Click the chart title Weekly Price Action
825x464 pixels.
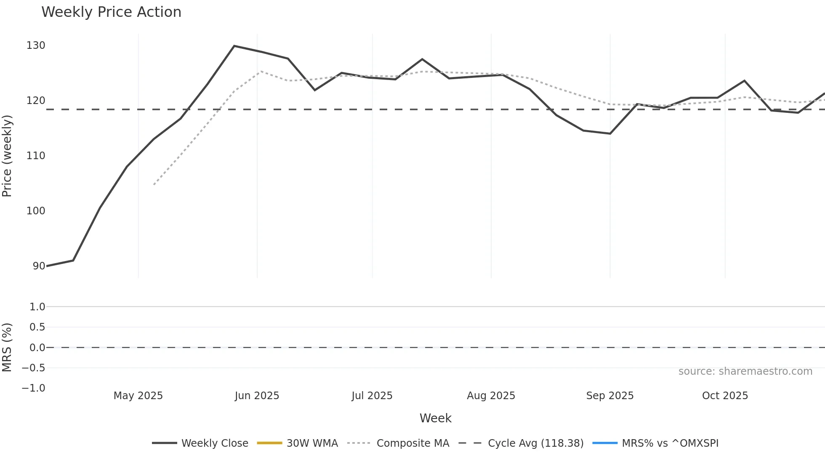pos(111,12)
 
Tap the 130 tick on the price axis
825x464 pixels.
pos(36,45)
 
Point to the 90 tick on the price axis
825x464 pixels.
pos(39,266)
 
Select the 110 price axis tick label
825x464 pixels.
pos(36,156)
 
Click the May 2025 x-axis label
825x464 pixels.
pos(138,396)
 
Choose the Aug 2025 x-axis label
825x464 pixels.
pos(491,396)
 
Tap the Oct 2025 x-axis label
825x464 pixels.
pos(725,396)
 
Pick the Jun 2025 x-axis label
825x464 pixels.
pos(257,396)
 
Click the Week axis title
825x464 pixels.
pos(435,418)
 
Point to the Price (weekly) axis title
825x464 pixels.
pos(7,156)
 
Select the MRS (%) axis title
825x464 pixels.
pos(7,347)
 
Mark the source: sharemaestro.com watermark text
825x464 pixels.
pos(745,371)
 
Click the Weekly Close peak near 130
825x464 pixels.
pos(234,46)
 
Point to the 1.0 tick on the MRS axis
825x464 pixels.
pos(37,307)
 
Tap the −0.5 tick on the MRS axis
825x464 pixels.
pos(34,368)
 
